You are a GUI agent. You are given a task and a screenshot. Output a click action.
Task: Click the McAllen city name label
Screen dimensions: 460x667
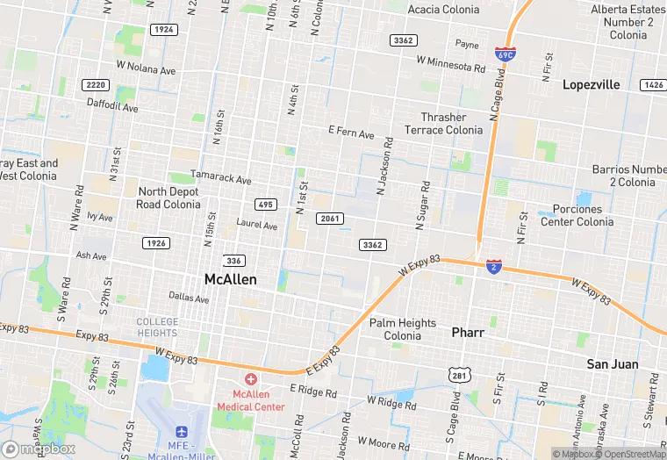(x=231, y=279)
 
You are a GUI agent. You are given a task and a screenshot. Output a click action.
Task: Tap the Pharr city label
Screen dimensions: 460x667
(x=468, y=333)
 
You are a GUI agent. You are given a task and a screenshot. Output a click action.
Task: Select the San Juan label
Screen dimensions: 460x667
(x=613, y=363)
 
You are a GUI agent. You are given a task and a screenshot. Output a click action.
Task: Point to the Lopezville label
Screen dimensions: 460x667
(x=591, y=85)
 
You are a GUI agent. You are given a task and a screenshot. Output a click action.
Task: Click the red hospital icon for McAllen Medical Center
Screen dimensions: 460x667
(x=251, y=379)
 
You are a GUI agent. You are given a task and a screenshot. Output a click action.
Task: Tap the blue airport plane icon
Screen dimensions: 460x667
(x=182, y=432)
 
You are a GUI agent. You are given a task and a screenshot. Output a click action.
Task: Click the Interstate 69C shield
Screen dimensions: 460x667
(x=505, y=54)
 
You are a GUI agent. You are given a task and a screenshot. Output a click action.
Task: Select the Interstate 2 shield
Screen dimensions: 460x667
(x=495, y=266)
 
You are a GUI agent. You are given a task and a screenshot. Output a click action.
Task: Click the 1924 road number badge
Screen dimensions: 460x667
(x=163, y=30)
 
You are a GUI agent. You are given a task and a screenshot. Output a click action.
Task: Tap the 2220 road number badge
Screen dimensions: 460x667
(x=96, y=85)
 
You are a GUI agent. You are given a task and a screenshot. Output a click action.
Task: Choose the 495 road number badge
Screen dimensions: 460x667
(x=265, y=205)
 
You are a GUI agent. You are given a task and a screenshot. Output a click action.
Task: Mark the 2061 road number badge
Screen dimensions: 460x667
(x=331, y=219)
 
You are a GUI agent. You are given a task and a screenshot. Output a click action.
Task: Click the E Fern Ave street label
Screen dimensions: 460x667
(x=351, y=133)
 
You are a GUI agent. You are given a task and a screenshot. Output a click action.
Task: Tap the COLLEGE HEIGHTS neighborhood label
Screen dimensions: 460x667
(x=158, y=327)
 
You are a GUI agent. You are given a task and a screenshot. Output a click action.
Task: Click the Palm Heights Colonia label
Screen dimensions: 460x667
(x=403, y=329)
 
